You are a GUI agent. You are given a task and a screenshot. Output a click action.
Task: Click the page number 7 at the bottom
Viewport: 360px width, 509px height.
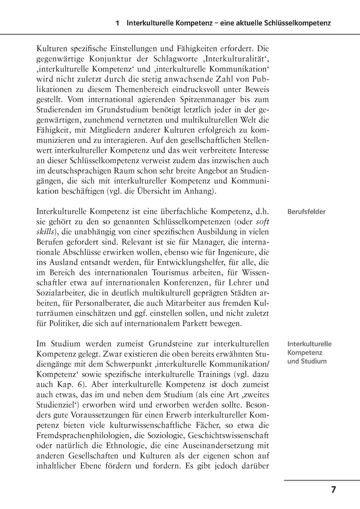tap(334, 490)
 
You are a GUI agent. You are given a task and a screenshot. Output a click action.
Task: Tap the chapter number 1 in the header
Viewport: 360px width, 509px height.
tap(117, 23)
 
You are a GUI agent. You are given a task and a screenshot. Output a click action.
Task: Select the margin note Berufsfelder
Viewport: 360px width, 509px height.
tap(307, 212)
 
